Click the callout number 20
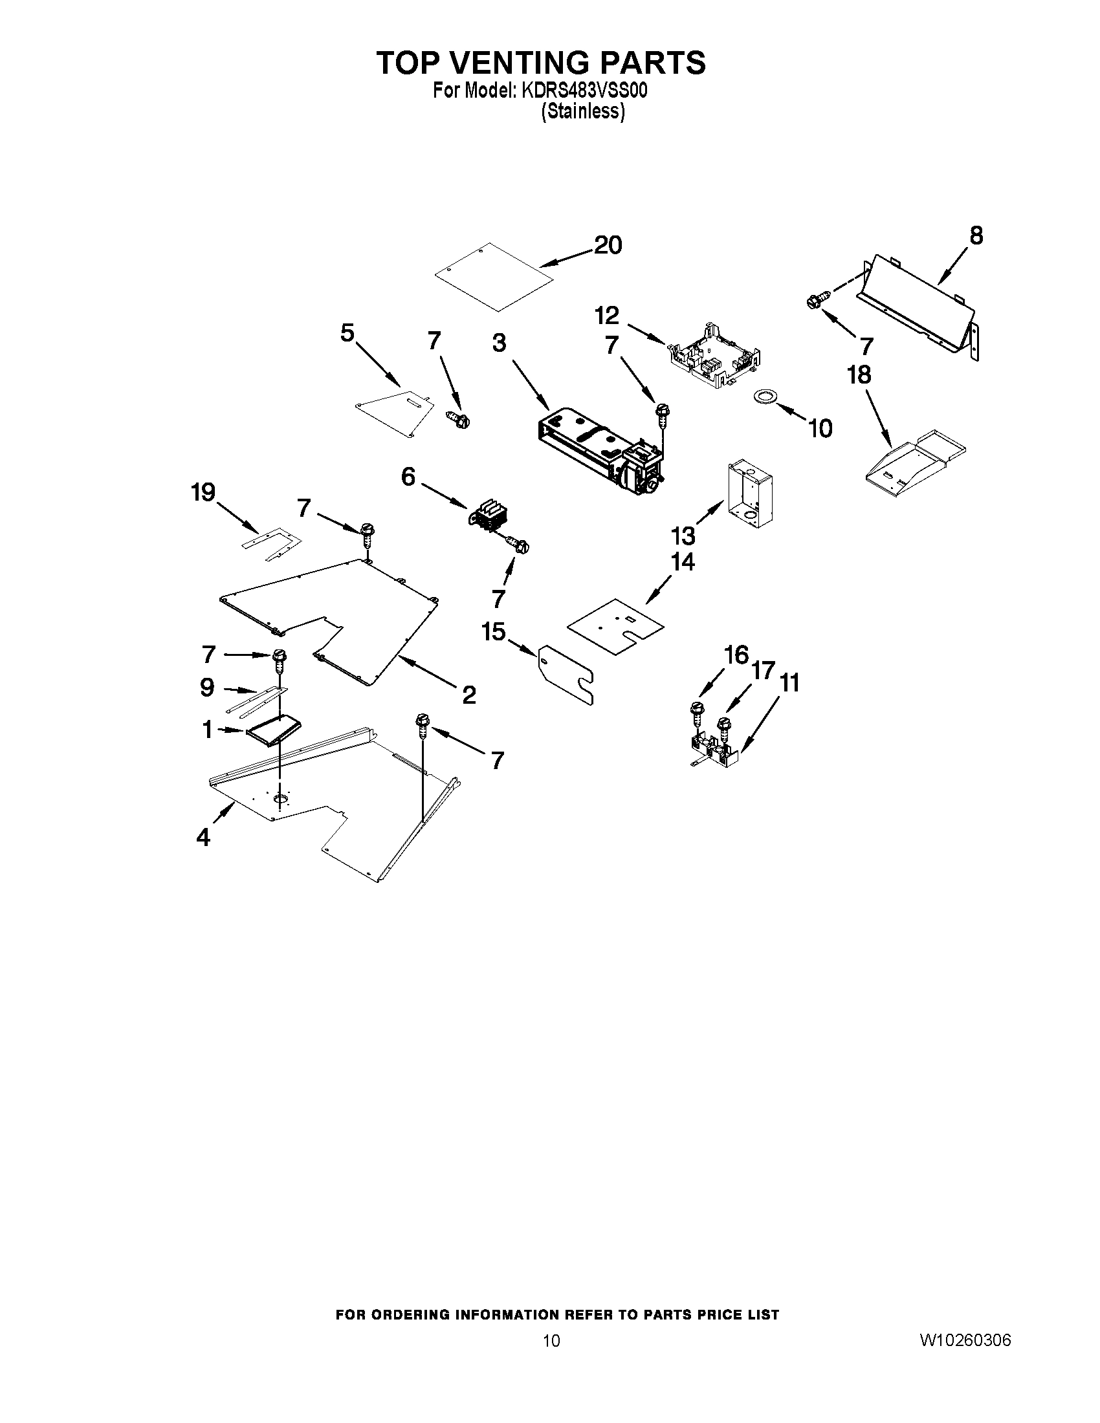pyautogui.click(x=608, y=245)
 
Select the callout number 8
pyautogui.click(x=976, y=235)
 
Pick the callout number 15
pyautogui.click(x=493, y=631)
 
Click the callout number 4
pyautogui.click(x=203, y=836)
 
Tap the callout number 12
pyautogui.click(x=607, y=316)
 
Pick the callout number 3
pyautogui.click(x=499, y=343)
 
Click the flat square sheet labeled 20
pyautogui.click(x=495, y=276)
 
